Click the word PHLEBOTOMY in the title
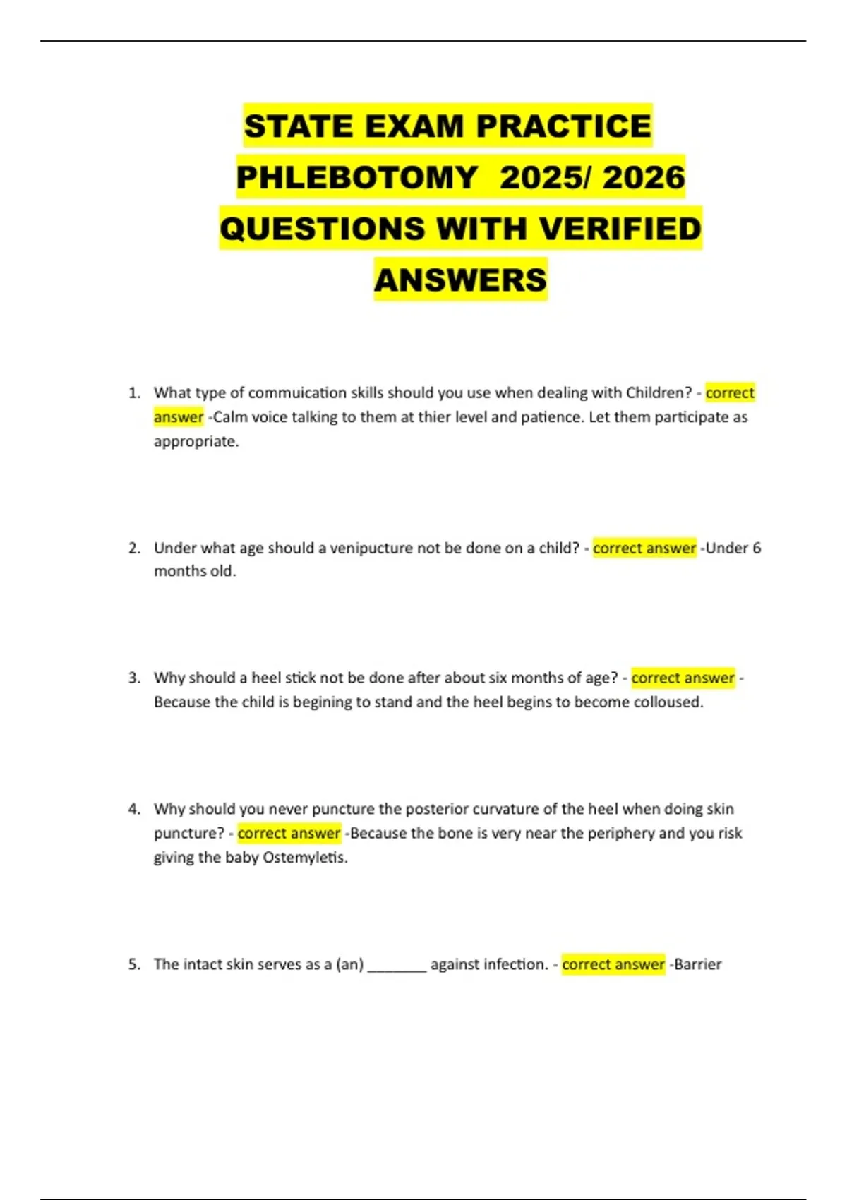tap(357, 178)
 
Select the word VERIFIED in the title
tap(620, 229)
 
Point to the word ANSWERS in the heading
tap(460, 280)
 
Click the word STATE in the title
tap(298, 127)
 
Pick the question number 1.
tap(134, 393)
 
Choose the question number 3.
tap(134, 678)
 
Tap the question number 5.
tap(134, 964)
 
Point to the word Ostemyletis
tap(305, 858)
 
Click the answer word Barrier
tap(697, 964)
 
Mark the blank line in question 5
tap(397, 968)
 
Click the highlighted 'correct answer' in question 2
tap(644, 548)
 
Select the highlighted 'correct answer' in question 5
tap(613, 964)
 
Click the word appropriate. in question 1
tap(196, 442)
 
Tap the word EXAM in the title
tap(415, 127)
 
